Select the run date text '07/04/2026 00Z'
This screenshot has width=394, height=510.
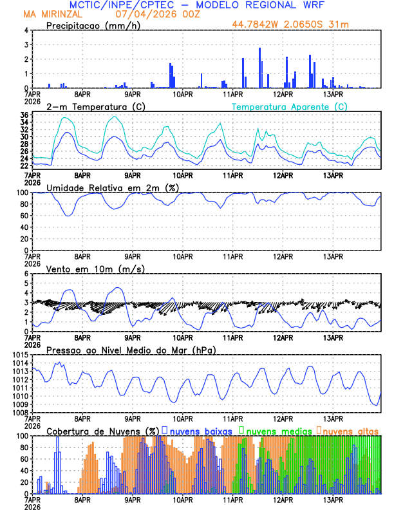click(153, 14)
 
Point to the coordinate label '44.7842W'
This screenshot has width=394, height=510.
click(258, 24)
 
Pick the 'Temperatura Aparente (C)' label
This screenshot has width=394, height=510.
click(290, 106)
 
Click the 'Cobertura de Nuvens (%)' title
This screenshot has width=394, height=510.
click(102, 431)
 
